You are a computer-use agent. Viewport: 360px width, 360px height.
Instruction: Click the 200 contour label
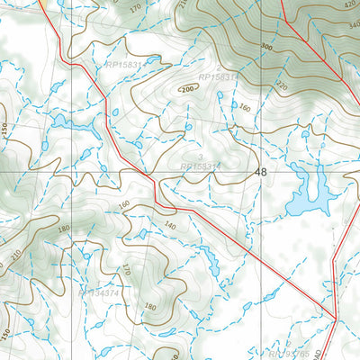[x=187, y=90]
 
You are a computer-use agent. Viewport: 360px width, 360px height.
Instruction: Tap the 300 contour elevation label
[x=266, y=45]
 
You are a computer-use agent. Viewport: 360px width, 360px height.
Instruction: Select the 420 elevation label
[x=350, y=4]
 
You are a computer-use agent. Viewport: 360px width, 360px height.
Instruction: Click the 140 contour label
[x=169, y=226]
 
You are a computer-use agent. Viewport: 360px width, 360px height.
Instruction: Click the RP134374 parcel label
[x=99, y=293]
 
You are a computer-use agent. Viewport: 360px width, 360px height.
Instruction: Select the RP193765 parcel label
[x=286, y=355]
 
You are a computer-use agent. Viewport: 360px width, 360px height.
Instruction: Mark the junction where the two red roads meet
[x=334, y=317]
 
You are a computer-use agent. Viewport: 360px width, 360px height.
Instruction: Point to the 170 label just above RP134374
[x=127, y=269]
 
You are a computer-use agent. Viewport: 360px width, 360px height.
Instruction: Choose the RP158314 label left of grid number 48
[x=200, y=166]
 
